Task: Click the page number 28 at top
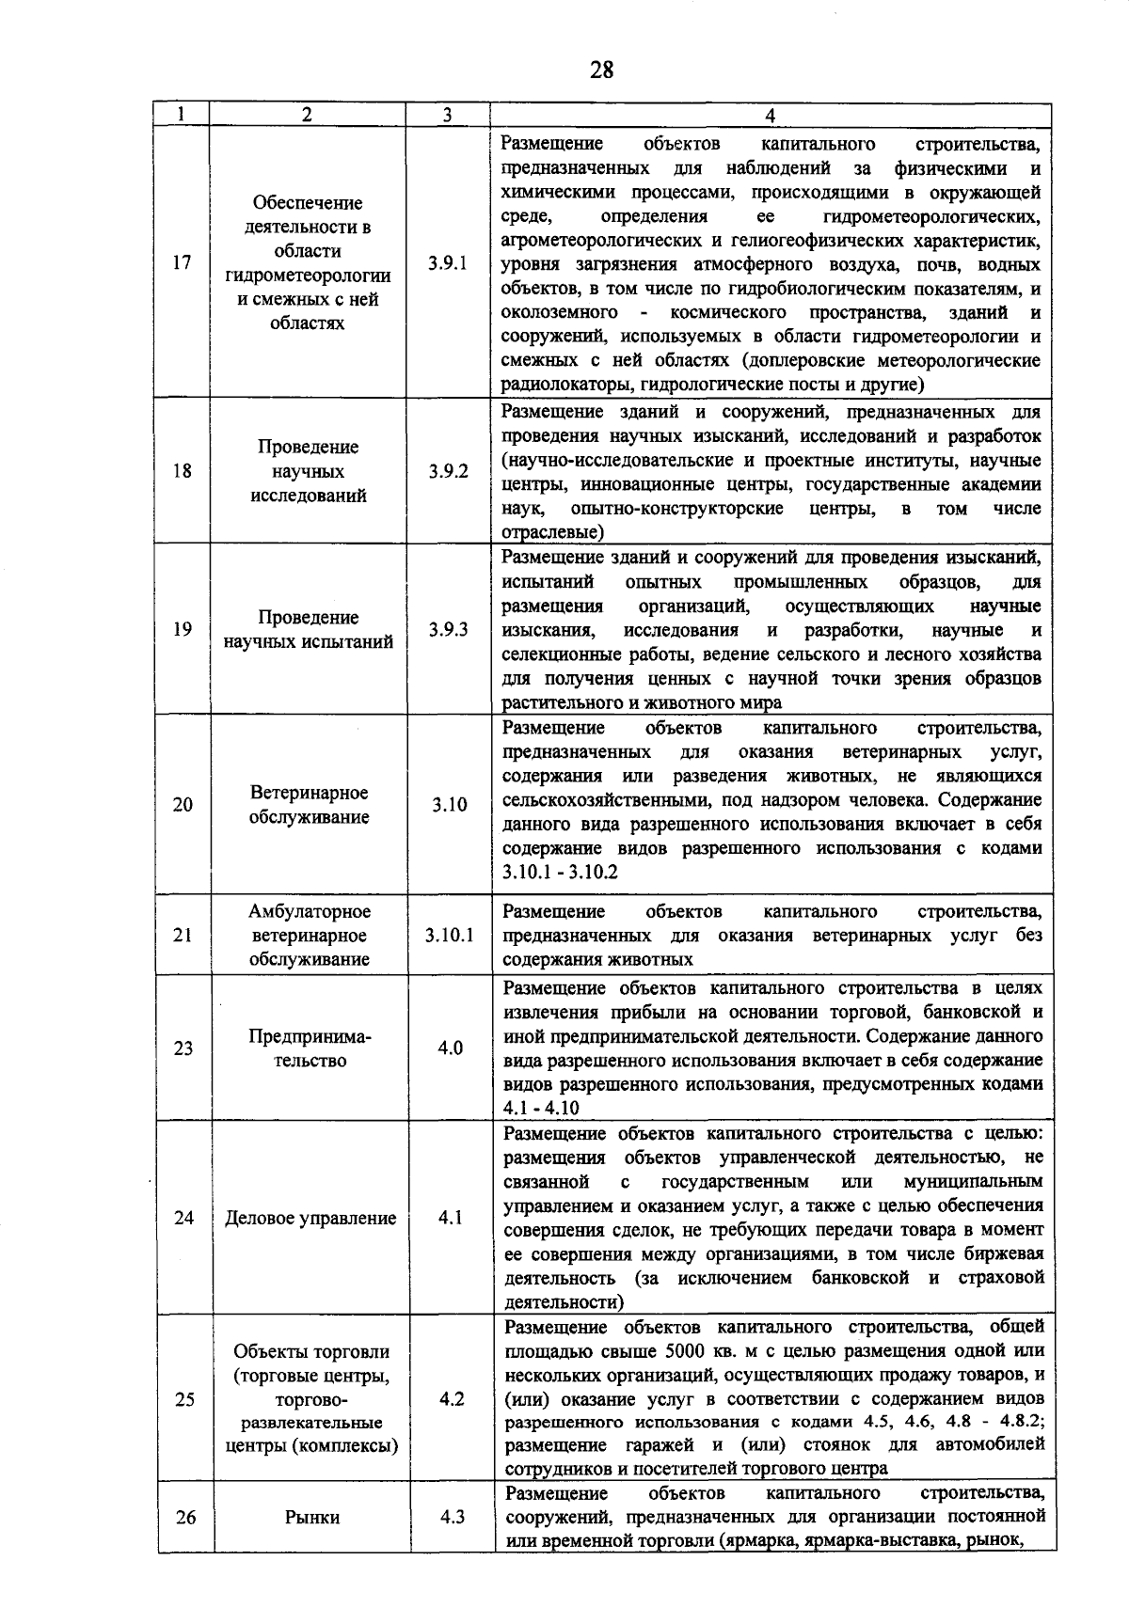tap(602, 70)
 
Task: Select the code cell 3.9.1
tap(448, 263)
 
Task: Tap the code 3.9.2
tap(449, 472)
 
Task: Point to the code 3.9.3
tap(449, 630)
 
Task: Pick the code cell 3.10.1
tap(449, 936)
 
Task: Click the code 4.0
tap(451, 1048)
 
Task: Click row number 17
tap(183, 263)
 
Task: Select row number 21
tap(183, 936)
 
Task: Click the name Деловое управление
tap(310, 1219)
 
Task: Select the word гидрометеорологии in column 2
tap(308, 276)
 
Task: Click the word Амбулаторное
tap(310, 911)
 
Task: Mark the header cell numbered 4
tap(771, 116)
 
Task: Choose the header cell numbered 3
tap(447, 116)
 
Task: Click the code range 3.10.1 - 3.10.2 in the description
tap(561, 873)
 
